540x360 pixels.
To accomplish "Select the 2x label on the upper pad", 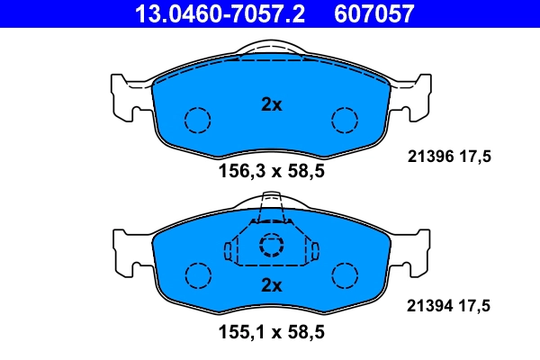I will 271,104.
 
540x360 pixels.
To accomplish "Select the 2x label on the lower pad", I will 271,286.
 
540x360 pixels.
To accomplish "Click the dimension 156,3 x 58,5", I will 271,173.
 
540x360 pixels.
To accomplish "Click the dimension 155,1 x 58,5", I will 271,332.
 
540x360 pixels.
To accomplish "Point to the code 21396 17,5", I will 444,155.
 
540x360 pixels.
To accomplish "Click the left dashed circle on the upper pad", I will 197,120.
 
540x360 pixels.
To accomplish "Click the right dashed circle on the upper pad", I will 345,120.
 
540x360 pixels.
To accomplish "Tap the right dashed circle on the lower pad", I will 345,274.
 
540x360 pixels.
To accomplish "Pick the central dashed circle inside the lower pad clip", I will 271,246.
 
